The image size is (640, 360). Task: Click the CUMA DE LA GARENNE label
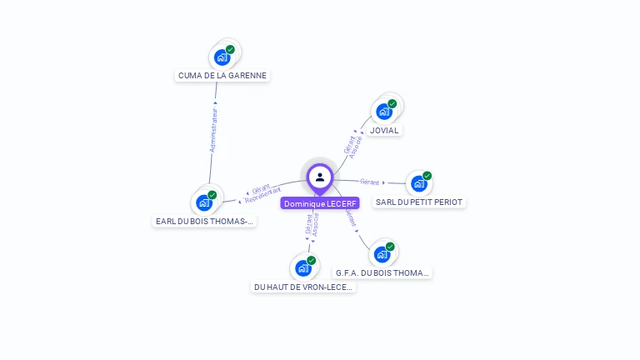222,75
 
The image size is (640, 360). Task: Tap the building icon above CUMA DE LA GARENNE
222,57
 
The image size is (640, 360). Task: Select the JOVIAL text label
384,130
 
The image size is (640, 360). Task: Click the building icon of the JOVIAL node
384,111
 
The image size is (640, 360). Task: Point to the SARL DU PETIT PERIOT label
419,202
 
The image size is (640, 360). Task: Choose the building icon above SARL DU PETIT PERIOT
418,183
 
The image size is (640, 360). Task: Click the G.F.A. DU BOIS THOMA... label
382,272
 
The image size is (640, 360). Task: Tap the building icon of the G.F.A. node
382,253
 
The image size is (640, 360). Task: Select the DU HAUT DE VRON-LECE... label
303,287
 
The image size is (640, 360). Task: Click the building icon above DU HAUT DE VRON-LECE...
302,268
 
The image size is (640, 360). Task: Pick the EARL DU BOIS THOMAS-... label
205,222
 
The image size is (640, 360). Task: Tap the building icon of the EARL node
204,202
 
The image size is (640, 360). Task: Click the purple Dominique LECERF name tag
320,203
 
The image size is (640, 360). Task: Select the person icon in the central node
320,177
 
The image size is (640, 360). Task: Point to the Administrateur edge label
214,129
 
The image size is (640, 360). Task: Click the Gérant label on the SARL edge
370,182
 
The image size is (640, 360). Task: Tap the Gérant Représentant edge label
262,195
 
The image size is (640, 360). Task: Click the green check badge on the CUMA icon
230,50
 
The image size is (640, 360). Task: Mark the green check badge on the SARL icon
427,176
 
